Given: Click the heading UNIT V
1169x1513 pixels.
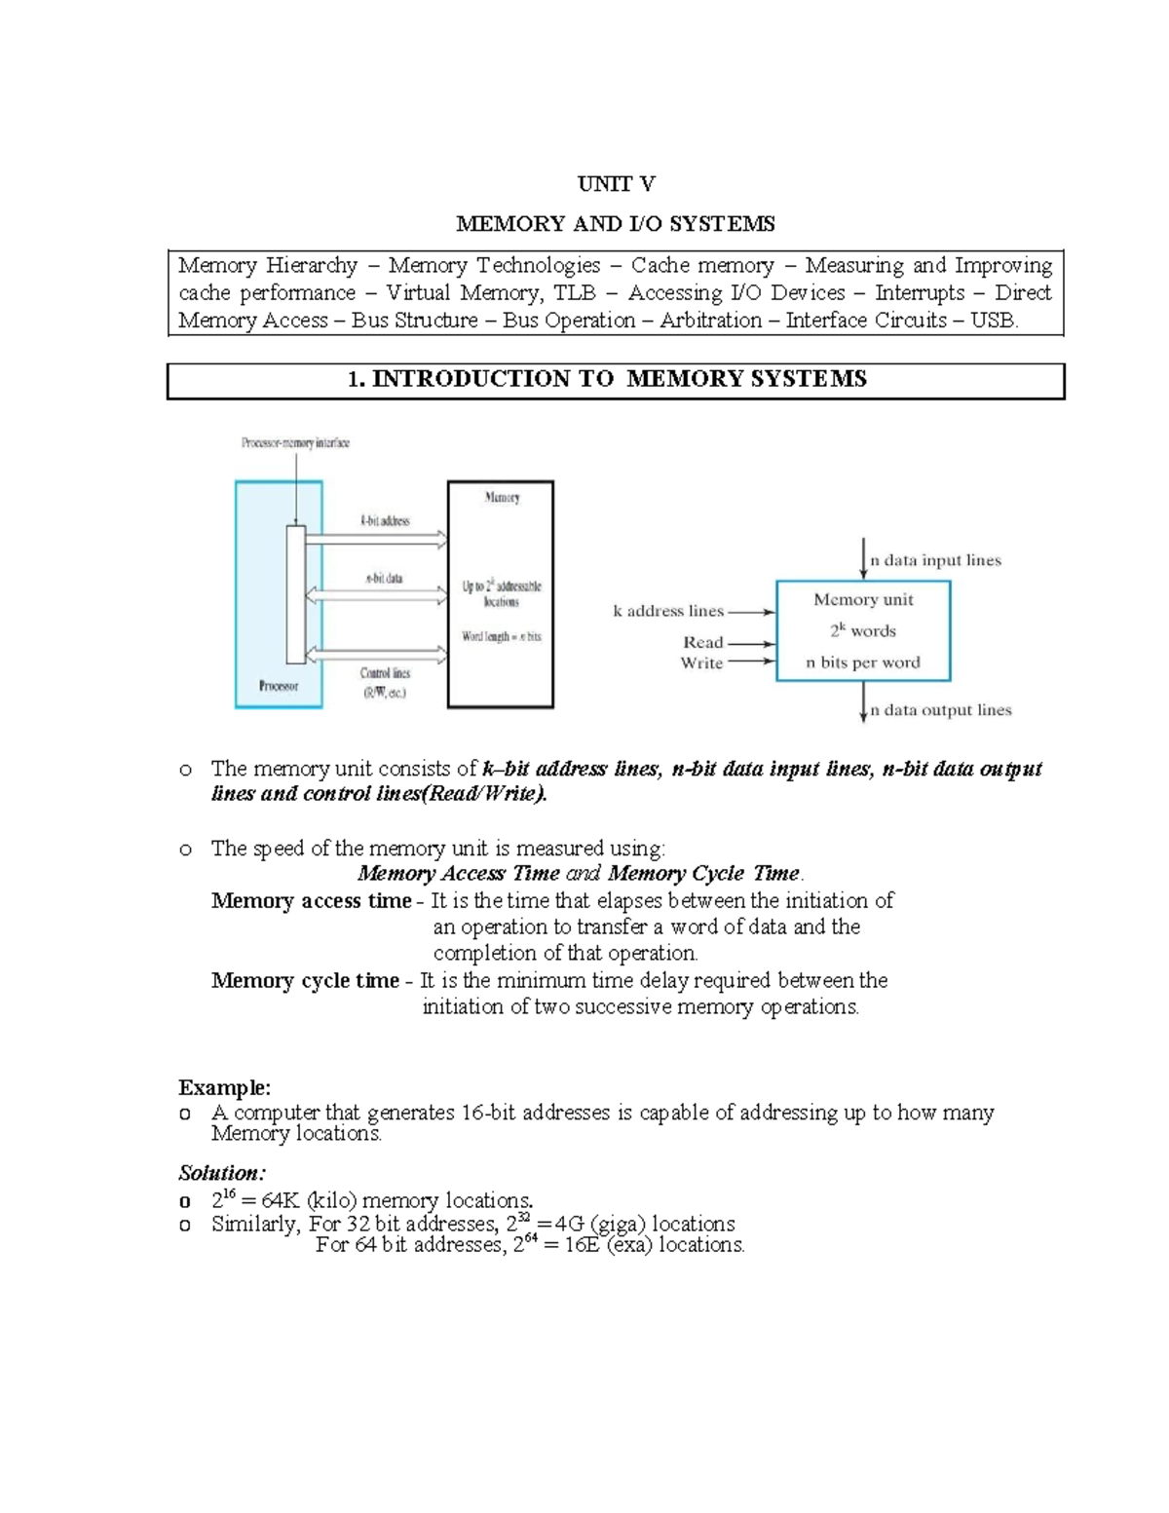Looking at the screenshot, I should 616,184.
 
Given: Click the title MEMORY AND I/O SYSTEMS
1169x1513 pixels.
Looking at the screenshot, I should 616,224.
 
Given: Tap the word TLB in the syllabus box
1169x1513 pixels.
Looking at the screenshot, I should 574,293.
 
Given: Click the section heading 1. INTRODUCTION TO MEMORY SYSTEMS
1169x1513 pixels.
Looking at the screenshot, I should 607,380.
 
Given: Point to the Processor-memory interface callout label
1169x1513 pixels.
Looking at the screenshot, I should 295,443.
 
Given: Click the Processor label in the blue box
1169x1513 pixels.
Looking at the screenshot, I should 278,686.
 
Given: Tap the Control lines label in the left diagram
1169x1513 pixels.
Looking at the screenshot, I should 386,673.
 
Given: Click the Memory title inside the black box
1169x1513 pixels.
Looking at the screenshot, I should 502,498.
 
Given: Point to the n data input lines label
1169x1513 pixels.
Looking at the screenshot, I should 935,560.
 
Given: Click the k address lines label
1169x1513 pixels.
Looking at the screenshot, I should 668,612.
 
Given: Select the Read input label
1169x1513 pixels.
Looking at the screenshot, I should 703,643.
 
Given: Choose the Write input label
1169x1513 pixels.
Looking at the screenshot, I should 701,663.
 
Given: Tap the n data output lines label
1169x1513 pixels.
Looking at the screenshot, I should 940,710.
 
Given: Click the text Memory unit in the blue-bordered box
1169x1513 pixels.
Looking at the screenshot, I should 863,600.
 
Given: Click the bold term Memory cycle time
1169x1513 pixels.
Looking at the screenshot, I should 305,981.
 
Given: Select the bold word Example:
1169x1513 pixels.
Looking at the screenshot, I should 224,1087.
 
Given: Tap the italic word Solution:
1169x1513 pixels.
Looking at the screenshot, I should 222,1173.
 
